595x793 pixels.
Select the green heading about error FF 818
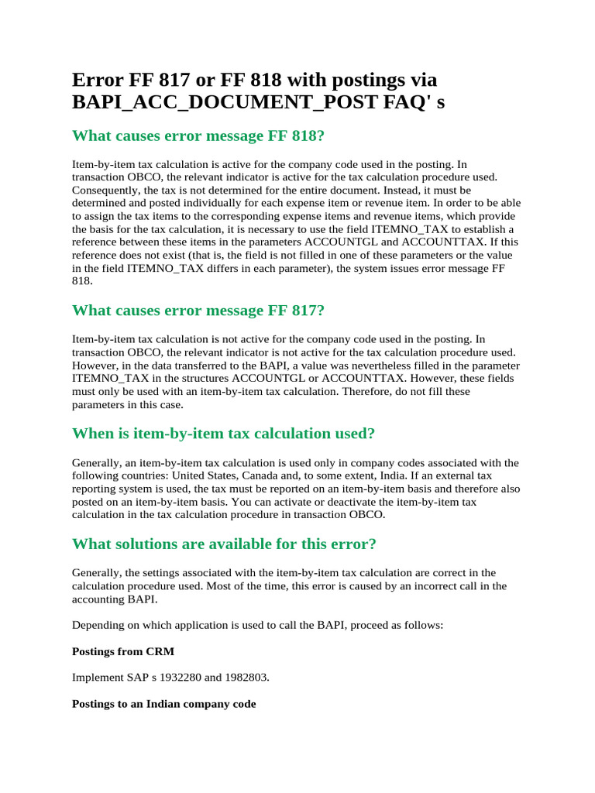click(x=198, y=136)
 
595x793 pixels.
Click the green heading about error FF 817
click(x=198, y=311)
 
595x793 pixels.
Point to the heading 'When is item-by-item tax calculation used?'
click(x=223, y=433)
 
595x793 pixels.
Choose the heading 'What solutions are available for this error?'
click(x=224, y=544)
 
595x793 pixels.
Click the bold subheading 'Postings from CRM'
click(x=123, y=651)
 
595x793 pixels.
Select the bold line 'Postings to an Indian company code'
click(x=163, y=704)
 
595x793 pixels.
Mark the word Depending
click(x=96, y=625)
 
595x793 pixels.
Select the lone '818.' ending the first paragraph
click(x=82, y=282)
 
